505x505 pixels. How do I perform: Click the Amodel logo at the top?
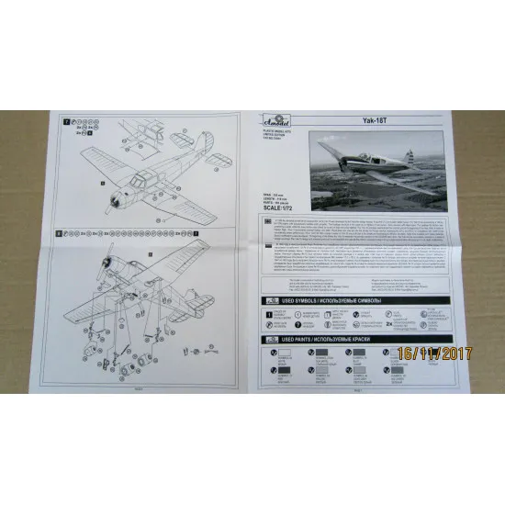tap(278, 127)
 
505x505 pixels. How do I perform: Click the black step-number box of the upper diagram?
tap(65, 121)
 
